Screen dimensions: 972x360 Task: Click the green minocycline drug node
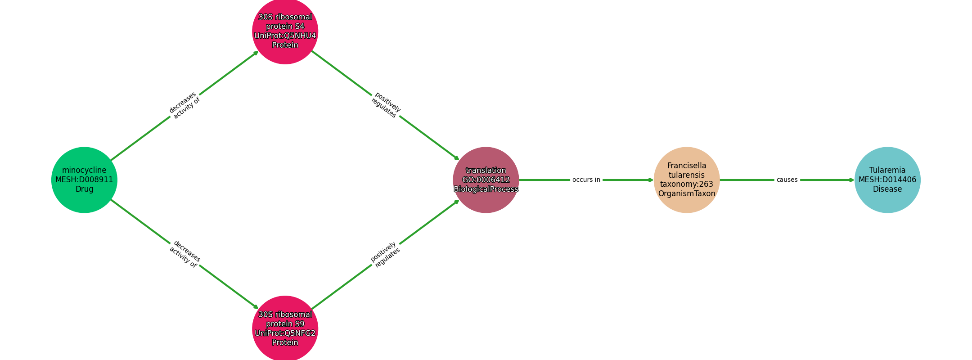coord(84,180)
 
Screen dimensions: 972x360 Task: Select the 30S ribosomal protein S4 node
coord(285,31)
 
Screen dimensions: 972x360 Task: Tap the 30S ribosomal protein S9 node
coord(285,328)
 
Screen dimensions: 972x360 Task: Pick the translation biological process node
coord(486,180)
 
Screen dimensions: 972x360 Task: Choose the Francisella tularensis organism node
coord(687,180)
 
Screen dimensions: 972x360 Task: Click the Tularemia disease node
coord(887,180)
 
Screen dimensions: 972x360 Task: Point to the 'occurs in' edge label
coord(586,180)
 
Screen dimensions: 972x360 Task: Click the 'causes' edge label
coord(787,180)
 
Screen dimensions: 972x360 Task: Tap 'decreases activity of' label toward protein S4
coord(184,105)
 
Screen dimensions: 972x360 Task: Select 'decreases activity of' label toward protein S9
coord(184,254)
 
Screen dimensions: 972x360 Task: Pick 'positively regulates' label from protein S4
coord(386,105)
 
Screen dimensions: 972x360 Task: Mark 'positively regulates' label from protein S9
coord(386,254)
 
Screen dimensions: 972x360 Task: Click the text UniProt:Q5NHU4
coord(285,36)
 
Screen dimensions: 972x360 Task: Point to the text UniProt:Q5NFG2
coord(285,333)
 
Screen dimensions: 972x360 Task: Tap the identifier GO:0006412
coord(486,180)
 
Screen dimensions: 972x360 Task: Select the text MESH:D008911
coord(84,180)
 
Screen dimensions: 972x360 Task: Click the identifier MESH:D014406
coord(887,180)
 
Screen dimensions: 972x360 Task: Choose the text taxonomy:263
coord(687,184)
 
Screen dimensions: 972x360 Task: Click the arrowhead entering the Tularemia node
coord(851,180)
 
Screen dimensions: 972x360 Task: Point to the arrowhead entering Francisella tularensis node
coord(651,180)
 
